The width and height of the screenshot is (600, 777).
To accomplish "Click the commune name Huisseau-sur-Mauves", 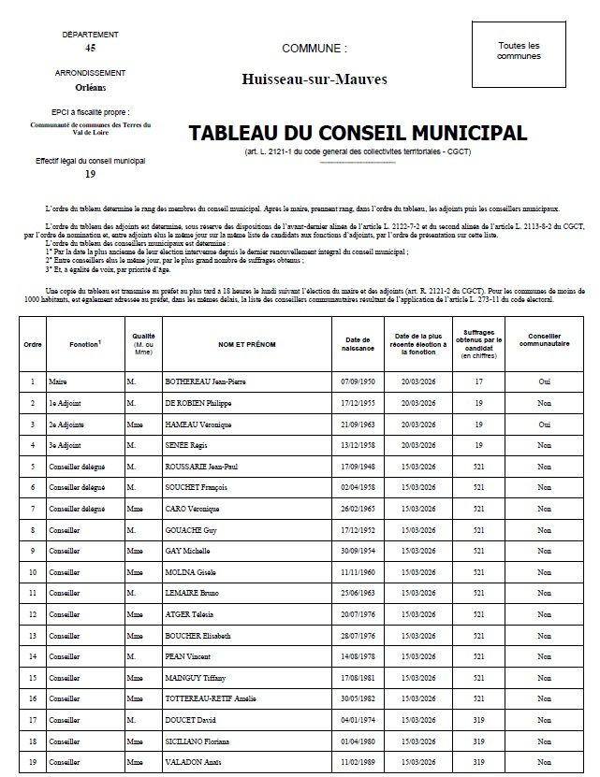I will (314, 79).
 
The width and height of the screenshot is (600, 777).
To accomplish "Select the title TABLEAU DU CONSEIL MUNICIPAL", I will (358, 134).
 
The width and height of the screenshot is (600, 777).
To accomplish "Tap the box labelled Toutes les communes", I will (519, 50).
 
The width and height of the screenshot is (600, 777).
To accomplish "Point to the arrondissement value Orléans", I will (90, 89).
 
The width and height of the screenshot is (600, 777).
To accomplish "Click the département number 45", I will (90, 47).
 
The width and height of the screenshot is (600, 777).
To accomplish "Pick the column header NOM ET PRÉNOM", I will (247, 344).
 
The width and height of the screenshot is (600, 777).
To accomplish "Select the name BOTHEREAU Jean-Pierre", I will (204, 381).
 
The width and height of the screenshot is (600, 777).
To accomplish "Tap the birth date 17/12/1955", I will (359, 403).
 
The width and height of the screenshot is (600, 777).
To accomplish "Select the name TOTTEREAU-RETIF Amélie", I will (211, 698).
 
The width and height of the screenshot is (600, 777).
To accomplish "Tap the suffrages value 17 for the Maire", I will (478, 381).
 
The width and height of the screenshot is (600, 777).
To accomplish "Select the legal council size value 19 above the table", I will (90, 174).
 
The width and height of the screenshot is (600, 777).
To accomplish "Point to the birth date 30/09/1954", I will (359, 551).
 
